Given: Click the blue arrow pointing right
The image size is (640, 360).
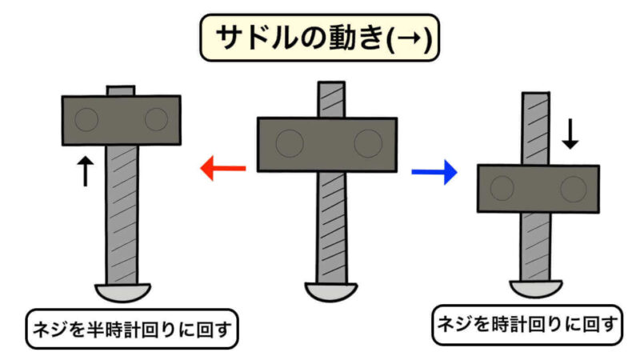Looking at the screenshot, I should click(x=434, y=170).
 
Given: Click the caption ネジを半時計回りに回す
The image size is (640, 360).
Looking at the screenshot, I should click(x=132, y=329).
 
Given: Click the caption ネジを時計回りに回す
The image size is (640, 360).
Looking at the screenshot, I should click(x=527, y=324).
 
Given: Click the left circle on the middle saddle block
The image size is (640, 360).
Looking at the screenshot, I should click(x=288, y=144).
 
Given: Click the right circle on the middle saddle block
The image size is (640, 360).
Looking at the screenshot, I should click(x=368, y=144).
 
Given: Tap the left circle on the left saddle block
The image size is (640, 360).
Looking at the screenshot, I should click(x=86, y=120).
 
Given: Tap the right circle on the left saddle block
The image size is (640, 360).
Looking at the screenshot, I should click(x=156, y=120).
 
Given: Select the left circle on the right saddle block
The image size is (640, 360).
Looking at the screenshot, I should click(x=502, y=189).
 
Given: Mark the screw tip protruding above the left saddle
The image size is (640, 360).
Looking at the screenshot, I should click(x=121, y=90).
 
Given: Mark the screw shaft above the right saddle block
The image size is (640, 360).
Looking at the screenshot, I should click(x=538, y=128).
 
